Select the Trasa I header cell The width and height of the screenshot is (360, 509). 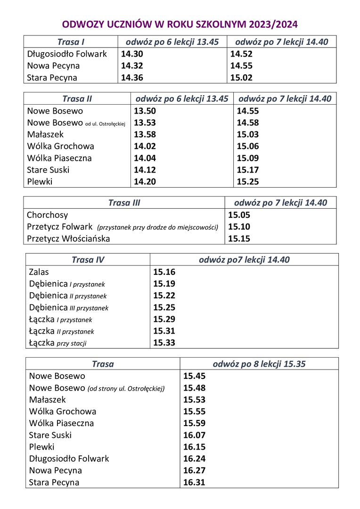(71, 42)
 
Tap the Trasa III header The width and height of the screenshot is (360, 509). (124, 203)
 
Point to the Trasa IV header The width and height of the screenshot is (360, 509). (88, 260)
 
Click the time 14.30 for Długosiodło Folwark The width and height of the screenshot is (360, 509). (132, 54)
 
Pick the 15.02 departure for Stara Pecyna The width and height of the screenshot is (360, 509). (241, 78)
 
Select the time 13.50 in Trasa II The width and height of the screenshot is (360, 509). (145, 111)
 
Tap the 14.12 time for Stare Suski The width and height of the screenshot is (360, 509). (145, 170)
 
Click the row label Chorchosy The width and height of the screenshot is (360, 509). (48, 215)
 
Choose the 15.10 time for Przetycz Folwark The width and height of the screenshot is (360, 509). (239, 227)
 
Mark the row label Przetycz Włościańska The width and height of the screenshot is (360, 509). (68, 238)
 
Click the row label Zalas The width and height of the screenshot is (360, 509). (39, 272)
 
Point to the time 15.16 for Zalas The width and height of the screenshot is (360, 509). (164, 272)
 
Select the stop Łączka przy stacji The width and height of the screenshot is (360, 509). (57, 343)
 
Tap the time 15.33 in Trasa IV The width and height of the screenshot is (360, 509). (164, 343)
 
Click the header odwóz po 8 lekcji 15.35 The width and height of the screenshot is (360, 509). (259, 364)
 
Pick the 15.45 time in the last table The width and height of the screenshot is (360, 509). (194, 376)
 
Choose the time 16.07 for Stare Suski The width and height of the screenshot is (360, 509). (194, 435)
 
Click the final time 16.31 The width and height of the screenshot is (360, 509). (194, 482)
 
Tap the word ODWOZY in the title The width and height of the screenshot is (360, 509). (83, 25)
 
